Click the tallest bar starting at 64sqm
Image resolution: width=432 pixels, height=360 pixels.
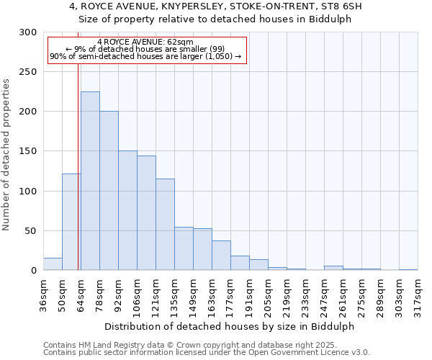pos(90,181)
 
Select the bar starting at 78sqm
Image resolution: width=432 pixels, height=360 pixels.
pos(109,191)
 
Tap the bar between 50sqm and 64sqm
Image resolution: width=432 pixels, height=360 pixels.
pos(71,222)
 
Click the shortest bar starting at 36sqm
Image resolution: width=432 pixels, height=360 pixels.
pos(53,264)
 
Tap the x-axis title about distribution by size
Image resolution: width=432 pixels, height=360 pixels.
pos(230,326)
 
